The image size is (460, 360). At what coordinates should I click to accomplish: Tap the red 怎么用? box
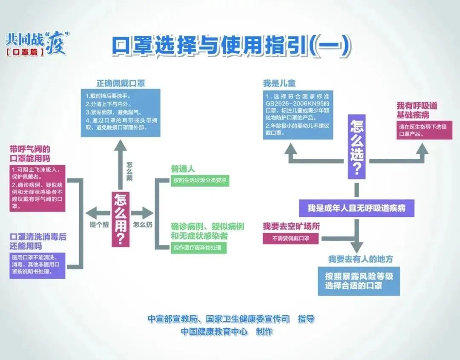(120, 219)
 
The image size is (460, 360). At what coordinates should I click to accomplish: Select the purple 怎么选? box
(356, 146)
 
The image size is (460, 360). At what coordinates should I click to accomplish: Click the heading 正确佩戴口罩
(121, 83)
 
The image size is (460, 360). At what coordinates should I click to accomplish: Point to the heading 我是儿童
(279, 83)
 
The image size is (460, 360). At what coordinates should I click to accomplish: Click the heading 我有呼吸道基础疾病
(417, 110)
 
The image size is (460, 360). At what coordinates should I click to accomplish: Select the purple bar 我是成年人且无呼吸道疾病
(356, 208)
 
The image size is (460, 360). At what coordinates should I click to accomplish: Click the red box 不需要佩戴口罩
(290, 238)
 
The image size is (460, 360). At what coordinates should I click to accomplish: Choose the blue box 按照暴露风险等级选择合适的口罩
(359, 281)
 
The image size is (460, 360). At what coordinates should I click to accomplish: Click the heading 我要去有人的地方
(360, 259)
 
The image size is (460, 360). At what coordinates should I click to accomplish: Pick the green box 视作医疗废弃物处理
(198, 248)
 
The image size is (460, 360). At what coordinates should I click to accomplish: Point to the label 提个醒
(99, 225)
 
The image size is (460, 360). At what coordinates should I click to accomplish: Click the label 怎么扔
(143, 225)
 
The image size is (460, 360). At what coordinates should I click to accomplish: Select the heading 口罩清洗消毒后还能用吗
(37, 242)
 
